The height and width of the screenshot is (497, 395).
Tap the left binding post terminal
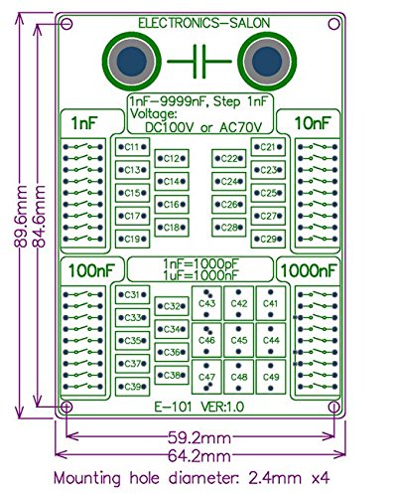[130, 64]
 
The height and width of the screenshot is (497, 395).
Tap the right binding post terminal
[267, 64]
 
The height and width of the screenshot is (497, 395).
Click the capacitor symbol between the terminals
[198, 64]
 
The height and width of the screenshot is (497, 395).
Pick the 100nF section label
[85, 270]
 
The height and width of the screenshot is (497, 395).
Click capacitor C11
[131, 147]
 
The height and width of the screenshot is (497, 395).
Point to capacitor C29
[266, 239]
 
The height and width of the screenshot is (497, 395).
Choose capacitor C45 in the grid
[238, 340]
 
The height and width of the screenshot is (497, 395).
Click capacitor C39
[130, 386]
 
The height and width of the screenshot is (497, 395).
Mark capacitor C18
[171, 228]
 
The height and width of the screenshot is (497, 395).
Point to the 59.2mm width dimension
[198, 434]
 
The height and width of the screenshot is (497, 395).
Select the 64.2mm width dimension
[198, 455]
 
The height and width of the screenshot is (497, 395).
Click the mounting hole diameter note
[191, 478]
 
